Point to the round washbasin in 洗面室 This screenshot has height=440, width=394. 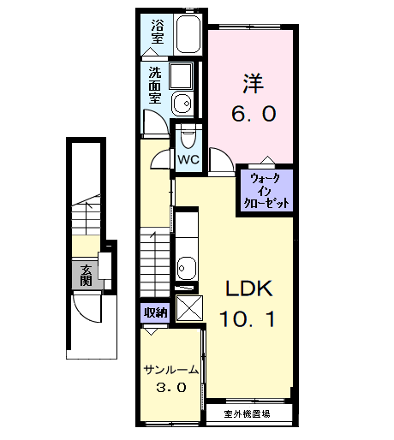coord(182,104)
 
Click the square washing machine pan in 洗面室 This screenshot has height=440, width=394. coord(181,76)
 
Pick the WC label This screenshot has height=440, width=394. coord(188,159)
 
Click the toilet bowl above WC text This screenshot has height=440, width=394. coord(188,137)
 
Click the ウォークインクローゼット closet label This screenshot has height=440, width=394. coord(267,190)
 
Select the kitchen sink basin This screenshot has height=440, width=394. coord(187,268)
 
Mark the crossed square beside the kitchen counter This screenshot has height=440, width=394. coord(188,307)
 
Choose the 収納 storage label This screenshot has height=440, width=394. coord(154,312)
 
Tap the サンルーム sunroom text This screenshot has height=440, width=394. coord(171,370)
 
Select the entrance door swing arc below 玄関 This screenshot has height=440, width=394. coord(88,304)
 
